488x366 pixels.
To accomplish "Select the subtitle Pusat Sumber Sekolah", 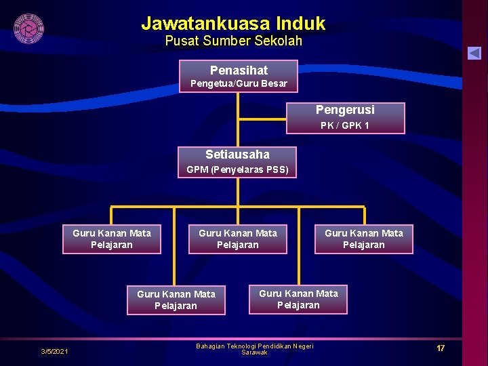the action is (x=233, y=41).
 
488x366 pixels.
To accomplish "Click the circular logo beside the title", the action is (x=28, y=28).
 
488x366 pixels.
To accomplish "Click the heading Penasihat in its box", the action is (x=239, y=70).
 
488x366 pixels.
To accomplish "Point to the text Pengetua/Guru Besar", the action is (x=239, y=84).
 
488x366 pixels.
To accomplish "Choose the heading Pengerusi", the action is (x=345, y=110).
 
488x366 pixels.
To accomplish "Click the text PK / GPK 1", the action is (x=345, y=125).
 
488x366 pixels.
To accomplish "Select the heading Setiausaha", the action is (x=237, y=155).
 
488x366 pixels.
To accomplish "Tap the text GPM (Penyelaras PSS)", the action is (x=237, y=169).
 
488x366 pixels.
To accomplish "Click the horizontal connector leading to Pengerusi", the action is (x=263, y=119).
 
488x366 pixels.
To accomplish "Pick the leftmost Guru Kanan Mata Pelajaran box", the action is (x=112, y=239).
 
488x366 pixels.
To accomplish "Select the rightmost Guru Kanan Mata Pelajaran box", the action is (x=363, y=239).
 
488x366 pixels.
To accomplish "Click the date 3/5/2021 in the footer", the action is (x=54, y=351).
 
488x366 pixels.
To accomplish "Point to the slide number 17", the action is (x=441, y=348).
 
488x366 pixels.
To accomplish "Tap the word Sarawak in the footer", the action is (x=254, y=353).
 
